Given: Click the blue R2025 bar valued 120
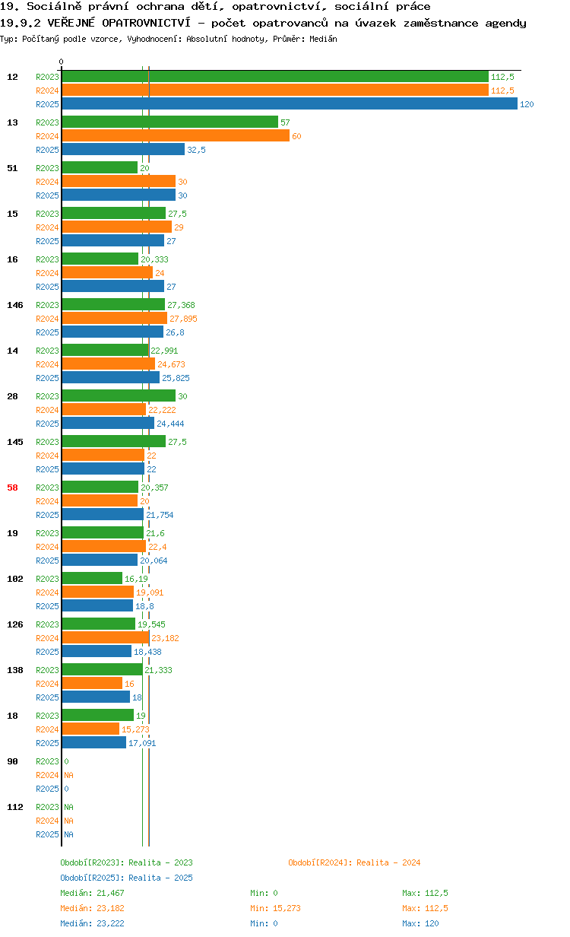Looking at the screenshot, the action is point(290,103).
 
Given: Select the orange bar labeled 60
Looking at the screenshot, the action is point(176,135).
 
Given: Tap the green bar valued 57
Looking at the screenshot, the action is point(169,122).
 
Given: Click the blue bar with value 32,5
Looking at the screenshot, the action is point(123,149).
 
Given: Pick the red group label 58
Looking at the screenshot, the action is point(12,488).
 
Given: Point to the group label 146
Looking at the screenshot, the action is point(15,305).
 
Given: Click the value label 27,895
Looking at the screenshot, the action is point(183,319).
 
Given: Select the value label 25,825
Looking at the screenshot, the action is point(176,378).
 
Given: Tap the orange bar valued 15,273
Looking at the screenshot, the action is point(90,729).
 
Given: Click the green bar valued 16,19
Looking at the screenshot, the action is point(92,578).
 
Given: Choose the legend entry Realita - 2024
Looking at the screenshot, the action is point(354,862).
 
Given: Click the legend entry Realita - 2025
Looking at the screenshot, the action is point(127,878).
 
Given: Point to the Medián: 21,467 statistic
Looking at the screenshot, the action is point(93,893).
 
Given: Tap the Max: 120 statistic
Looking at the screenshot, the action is point(421,923).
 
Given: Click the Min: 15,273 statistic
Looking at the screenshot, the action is point(276,908).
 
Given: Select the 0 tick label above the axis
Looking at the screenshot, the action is point(61,62).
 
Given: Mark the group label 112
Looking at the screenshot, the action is point(15,807).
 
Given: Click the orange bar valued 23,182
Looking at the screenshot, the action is point(106,637).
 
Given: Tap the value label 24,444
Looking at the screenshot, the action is point(170,424).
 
